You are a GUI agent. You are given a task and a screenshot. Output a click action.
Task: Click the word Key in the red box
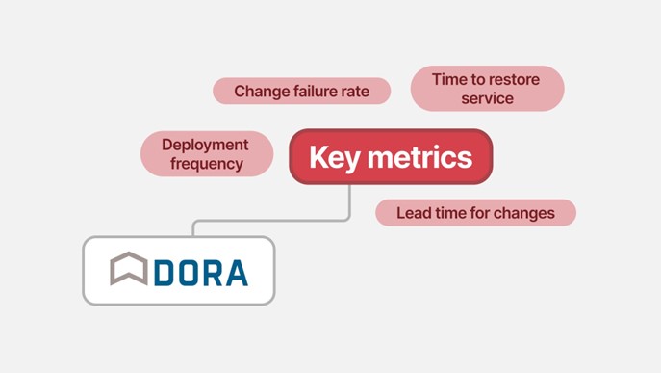tap(333, 157)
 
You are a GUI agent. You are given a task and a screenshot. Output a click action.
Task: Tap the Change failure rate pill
tap(301, 92)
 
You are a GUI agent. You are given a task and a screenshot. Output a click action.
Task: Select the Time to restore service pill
tap(487, 88)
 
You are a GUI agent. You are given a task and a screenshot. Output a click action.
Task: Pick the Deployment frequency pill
tap(206, 154)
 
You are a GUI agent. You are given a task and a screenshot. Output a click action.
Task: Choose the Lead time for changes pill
tap(475, 213)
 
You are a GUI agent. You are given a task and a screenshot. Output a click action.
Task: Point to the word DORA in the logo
tap(200, 272)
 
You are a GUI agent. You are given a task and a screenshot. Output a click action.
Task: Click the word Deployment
tap(205, 145)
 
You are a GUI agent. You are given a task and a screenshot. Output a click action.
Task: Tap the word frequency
tap(206, 164)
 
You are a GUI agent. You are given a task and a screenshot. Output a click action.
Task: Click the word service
tap(487, 98)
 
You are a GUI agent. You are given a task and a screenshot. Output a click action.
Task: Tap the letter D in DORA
tap(164, 272)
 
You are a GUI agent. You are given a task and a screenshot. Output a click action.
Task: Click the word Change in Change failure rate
tap(260, 92)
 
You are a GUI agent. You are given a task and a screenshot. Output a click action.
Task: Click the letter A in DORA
tap(235, 272)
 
